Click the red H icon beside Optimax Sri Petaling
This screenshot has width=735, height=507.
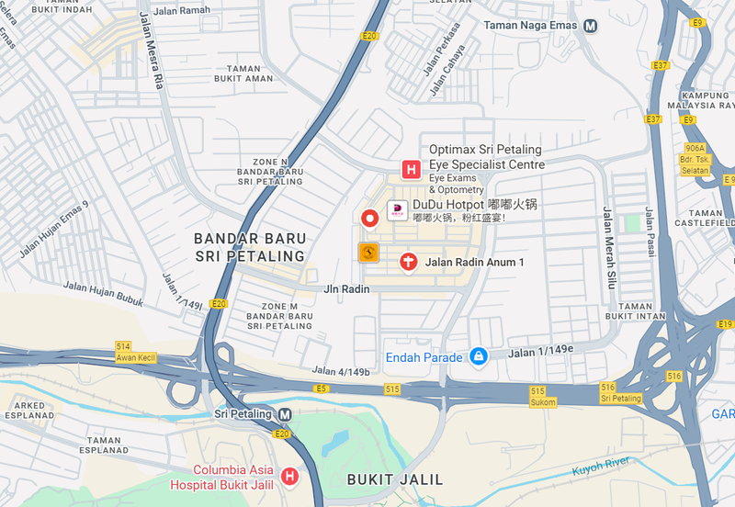pos(411,170)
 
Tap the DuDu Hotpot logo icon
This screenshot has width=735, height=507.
pos(397,210)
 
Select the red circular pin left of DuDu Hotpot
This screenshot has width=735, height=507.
pos(369,218)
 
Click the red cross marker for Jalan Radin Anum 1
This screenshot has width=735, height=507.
pos(409,263)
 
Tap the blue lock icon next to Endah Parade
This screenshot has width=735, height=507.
pos(478,356)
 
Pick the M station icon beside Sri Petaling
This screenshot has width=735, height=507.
pos(285,414)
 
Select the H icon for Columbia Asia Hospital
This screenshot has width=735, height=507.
pos(289,476)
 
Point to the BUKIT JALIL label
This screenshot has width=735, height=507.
pos(395,479)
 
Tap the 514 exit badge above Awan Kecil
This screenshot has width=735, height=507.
pos(123,346)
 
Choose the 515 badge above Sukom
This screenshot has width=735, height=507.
pos(537,391)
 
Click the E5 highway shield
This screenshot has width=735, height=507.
pos(321,389)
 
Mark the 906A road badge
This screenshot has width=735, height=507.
pos(695,148)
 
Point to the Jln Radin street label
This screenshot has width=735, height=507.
pos(346,289)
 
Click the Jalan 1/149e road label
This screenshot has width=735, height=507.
pos(541,349)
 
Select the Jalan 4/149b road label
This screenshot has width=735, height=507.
pos(341,371)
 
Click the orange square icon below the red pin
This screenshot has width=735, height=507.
pos(368,253)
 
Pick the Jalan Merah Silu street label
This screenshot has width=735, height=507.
pos(608,248)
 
